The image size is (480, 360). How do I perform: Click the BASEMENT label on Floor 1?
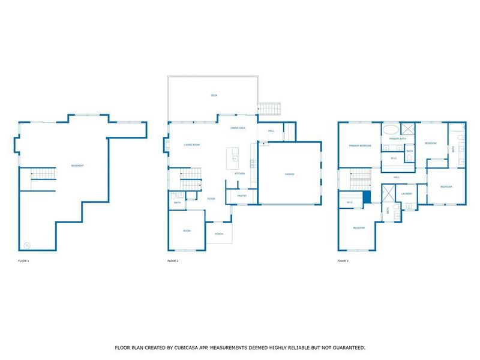pyautogui.click(x=77, y=166)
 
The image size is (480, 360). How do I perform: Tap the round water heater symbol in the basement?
pyautogui.click(x=27, y=245)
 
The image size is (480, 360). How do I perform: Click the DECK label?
pyautogui.click(x=214, y=95)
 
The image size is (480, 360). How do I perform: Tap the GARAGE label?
pyautogui.click(x=290, y=174)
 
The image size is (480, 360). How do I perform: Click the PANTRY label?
pyautogui.click(x=242, y=196)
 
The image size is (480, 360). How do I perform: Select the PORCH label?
pyautogui.click(x=219, y=234)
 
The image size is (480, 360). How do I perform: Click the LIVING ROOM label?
pyautogui.click(x=192, y=145)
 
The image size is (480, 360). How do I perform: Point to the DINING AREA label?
pyautogui.click(x=238, y=128)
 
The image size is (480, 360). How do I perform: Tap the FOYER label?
pyautogui.click(x=211, y=199)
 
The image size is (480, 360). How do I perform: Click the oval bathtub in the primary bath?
pyautogui.click(x=391, y=129)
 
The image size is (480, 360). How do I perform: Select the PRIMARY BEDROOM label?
pyautogui.click(x=361, y=146)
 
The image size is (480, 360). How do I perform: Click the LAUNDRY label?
pyautogui.click(x=406, y=193)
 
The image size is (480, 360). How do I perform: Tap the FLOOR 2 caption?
pyautogui.click(x=173, y=261)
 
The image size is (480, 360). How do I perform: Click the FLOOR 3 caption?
pyautogui.click(x=343, y=261)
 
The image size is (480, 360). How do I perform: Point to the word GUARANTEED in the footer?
pyautogui.click(x=344, y=347)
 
